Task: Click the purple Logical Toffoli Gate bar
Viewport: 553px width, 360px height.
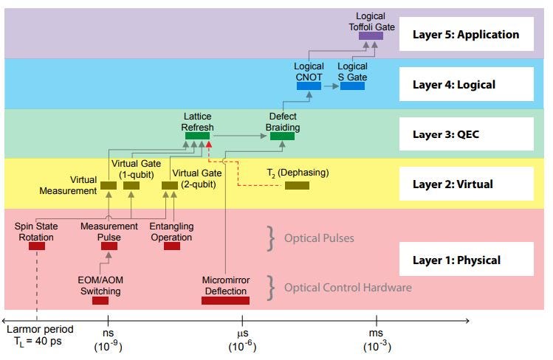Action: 371,35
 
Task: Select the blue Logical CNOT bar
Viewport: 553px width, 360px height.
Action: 309,86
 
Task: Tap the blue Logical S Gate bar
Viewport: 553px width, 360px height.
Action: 352,86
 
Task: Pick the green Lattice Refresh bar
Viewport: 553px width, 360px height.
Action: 198,136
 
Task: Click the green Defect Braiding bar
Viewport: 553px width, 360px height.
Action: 282,136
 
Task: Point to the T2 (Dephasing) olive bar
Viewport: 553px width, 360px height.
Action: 297,185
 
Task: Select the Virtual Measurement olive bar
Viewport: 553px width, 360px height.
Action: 109,185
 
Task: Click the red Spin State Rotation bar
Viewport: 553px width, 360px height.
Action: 37,246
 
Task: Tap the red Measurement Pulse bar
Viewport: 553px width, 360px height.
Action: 109,246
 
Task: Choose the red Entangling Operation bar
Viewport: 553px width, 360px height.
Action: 171,246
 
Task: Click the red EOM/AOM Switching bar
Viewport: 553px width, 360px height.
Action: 100,300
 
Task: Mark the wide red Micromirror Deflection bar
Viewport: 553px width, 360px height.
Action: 225,300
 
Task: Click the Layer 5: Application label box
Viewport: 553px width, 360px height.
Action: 466,35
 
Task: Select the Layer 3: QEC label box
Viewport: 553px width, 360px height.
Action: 466,134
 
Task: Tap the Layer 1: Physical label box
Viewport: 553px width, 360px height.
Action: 466,260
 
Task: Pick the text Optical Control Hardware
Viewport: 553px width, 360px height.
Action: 348,287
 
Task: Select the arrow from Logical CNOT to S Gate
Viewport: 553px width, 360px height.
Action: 330,86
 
